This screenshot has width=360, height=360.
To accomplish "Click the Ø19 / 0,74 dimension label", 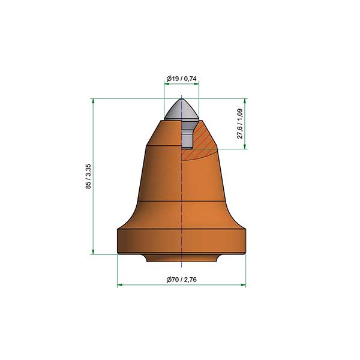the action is click(181, 79).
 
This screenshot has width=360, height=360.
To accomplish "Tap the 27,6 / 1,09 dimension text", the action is click(240, 124).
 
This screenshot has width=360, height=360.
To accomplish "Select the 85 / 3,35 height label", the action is click(88, 176).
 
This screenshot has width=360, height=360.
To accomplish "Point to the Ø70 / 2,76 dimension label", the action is click(181, 280).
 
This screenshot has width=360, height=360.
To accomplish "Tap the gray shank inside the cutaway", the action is click(187, 136).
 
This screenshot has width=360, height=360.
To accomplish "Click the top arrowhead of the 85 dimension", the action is click(93, 101).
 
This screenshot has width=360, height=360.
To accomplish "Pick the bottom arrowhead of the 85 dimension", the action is click(93, 251).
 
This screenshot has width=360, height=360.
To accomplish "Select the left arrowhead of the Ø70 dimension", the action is click(120, 285).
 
